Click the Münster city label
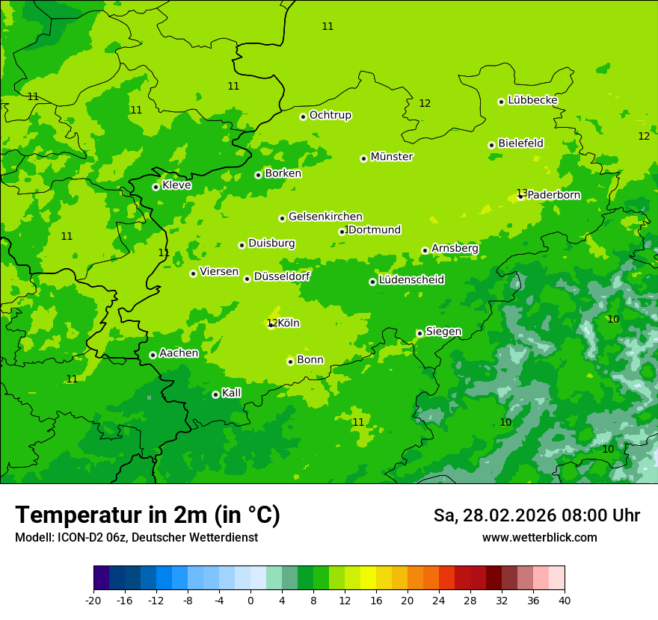[x=391, y=157]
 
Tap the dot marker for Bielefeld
[x=492, y=145]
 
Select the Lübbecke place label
[x=532, y=100]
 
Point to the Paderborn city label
[x=553, y=195]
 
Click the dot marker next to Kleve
[x=156, y=187]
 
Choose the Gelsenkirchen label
[x=325, y=217]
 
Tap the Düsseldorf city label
[x=281, y=276]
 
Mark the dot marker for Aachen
[x=153, y=355]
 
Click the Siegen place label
[x=443, y=332]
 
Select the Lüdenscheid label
[x=411, y=280]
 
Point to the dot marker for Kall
[x=215, y=394]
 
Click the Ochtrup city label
[x=330, y=115]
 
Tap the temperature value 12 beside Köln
[x=271, y=323]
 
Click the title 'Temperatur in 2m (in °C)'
[x=147, y=515]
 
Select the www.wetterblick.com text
[x=539, y=537]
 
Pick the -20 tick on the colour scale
[x=93, y=600]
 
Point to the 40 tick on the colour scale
[x=564, y=600]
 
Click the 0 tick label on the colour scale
[x=250, y=600]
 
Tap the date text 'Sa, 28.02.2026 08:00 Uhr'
[x=536, y=515]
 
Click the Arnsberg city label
[x=455, y=248]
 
